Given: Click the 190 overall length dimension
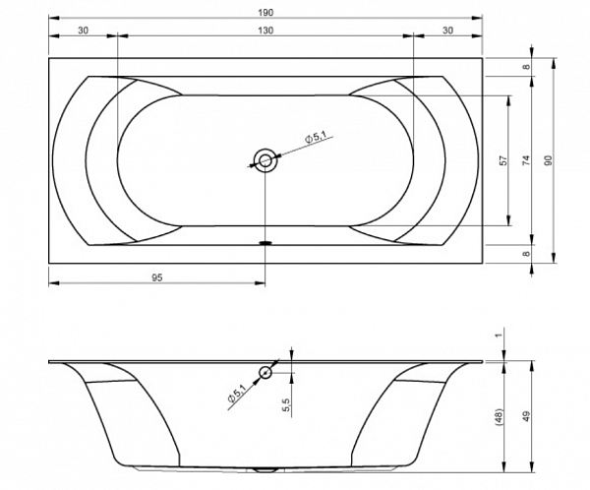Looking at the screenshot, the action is [x=265, y=13].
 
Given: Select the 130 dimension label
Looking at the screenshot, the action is [x=265, y=31].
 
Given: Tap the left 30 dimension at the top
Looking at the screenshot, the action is [x=84, y=31].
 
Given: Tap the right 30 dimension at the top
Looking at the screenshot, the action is [x=447, y=31].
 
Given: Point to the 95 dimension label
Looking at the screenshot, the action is [x=157, y=277].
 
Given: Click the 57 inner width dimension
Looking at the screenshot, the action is [x=503, y=160].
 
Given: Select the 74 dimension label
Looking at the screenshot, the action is [x=526, y=160].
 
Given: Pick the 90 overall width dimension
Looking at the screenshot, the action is [x=549, y=160].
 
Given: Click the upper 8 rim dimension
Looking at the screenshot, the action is [x=527, y=67].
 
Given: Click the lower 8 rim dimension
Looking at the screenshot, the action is [x=527, y=254].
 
